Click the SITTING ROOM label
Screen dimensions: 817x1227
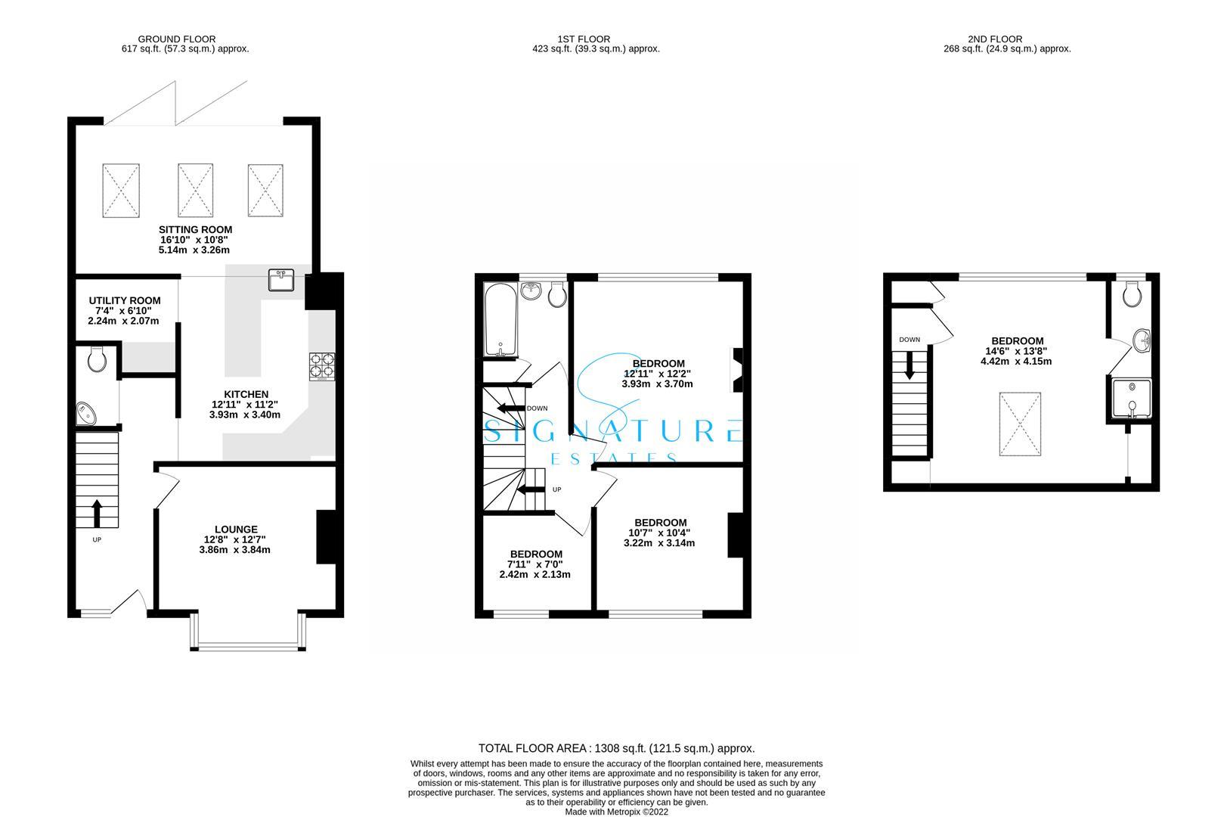[x=195, y=229]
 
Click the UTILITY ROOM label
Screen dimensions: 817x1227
[x=124, y=300]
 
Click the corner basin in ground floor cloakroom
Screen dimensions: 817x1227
[x=87, y=414]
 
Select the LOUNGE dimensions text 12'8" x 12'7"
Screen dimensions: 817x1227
[x=235, y=539]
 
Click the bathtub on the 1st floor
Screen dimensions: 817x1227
[x=500, y=321]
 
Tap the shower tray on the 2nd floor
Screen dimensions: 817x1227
[x=1132, y=399]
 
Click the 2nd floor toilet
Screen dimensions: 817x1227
[x=1132, y=295]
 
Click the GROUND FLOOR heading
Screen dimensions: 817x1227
[x=176, y=39]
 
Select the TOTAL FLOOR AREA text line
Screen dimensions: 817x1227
[x=616, y=748]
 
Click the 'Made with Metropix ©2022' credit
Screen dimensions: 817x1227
[x=616, y=812]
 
